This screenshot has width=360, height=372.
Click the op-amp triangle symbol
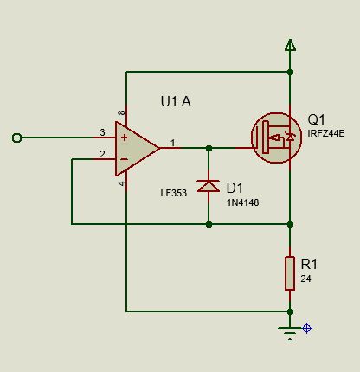[136, 149]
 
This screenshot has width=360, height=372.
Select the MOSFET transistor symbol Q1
[276, 138]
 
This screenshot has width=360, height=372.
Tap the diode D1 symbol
[209, 186]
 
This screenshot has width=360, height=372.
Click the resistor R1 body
[290, 273]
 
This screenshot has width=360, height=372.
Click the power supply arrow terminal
[290, 45]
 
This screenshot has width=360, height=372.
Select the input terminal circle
[16, 138]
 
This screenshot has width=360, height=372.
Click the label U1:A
[176, 102]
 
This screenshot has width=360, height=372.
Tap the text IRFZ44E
[326, 133]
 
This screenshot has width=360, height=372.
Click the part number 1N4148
[242, 202]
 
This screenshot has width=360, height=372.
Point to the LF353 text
[174, 193]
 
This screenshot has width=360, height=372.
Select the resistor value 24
[305, 279]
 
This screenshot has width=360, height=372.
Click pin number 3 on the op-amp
[102, 132]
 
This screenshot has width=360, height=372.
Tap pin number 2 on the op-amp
[102, 154]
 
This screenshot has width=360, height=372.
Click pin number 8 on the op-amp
[122, 112]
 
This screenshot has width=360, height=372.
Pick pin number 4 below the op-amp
[122, 183]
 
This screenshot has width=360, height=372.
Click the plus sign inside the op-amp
[125, 138]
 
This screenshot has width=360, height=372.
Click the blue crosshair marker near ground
[307, 328]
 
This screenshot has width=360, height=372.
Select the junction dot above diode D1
[209, 148]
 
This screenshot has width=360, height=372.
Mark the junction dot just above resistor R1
[290, 224]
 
